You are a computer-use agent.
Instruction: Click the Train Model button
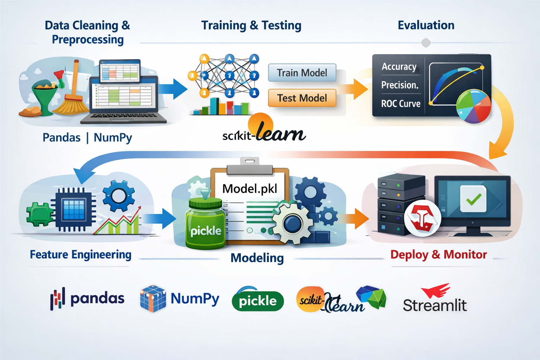pos(302,73)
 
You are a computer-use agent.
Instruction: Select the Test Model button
pos(302,98)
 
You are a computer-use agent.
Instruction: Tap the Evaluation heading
pos(426,25)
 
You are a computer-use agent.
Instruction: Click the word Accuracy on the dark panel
pos(399,66)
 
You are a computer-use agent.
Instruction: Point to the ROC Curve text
pos(401,104)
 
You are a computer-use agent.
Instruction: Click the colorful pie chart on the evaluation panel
pos(473,106)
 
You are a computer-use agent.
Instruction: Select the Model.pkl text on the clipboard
pos(250,189)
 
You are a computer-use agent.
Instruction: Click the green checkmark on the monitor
pos(474,199)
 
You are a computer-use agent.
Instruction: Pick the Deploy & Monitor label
pos(438,254)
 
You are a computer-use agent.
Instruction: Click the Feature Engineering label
pos(81,254)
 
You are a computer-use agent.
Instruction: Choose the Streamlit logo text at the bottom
pos(435,305)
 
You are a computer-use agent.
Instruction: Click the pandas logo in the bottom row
pos(88,299)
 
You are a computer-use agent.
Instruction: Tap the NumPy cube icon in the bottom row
pos(153,299)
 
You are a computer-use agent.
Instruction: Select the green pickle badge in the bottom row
pos(258,301)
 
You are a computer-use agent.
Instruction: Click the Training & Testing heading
pos(251,25)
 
